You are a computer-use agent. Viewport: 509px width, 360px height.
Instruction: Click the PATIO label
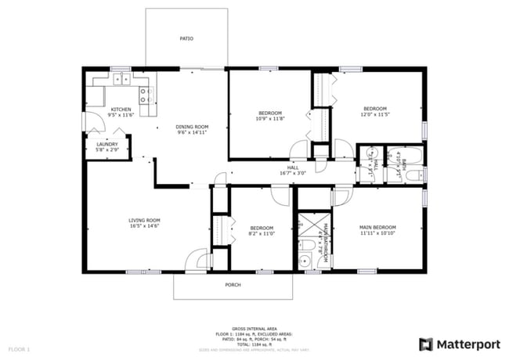pyautogui.click(x=186, y=38)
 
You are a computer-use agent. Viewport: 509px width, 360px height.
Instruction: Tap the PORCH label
pyautogui.click(x=233, y=285)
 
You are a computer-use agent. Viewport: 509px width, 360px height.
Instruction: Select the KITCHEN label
pyautogui.click(x=121, y=110)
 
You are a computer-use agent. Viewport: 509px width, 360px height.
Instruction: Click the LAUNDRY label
pyautogui.click(x=107, y=144)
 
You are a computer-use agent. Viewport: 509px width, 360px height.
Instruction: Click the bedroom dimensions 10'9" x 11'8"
pyautogui.click(x=270, y=119)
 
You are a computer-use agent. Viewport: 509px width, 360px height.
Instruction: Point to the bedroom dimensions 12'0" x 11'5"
pyautogui.click(x=374, y=114)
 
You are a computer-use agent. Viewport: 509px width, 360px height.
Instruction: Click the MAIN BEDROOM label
pyautogui.click(x=377, y=227)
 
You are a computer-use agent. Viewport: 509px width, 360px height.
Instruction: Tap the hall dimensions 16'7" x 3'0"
pyautogui.click(x=293, y=173)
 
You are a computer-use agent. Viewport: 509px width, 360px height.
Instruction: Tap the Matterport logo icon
pyautogui.click(x=426, y=344)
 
